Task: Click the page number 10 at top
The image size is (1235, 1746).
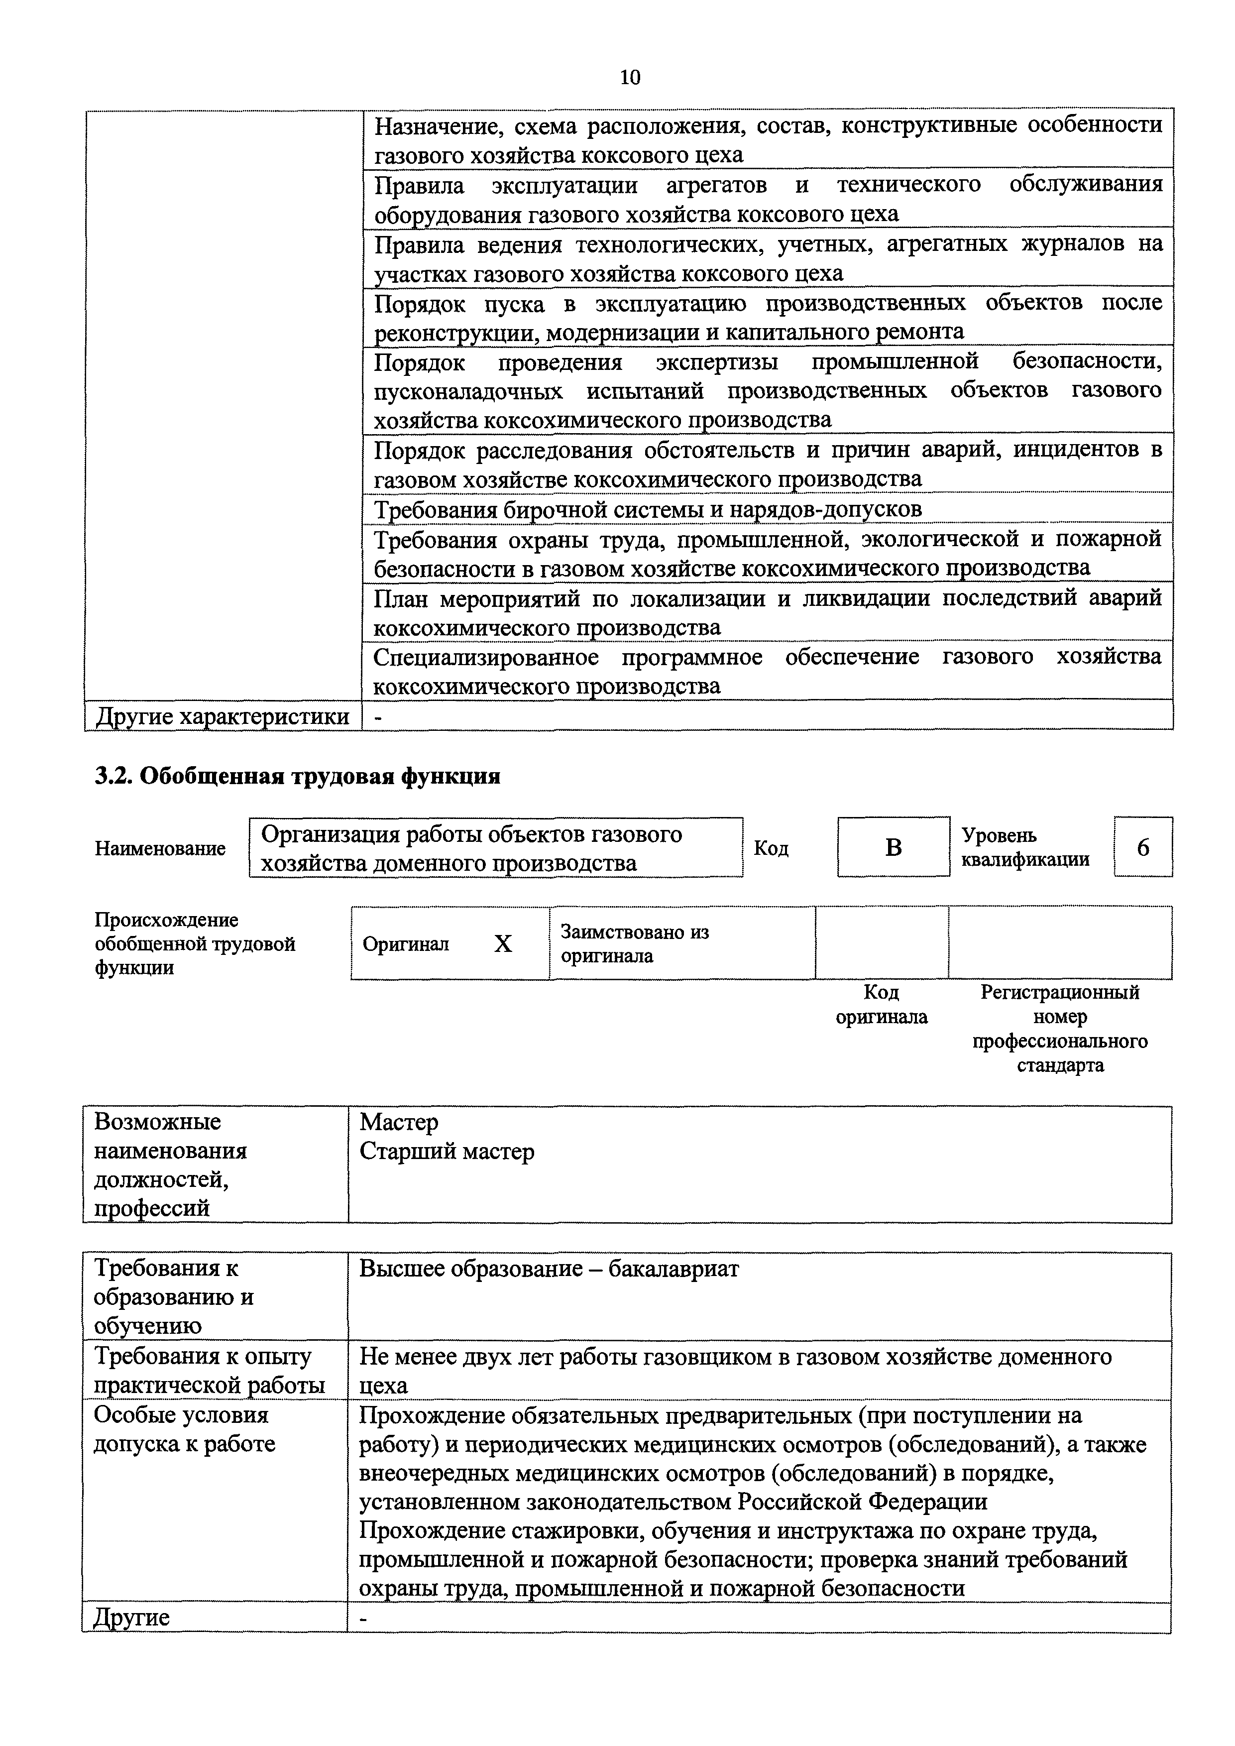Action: click(x=630, y=77)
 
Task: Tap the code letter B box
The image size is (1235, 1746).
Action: click(x=894, y=847)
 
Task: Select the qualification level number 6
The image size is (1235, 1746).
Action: click(x=1143, y=847)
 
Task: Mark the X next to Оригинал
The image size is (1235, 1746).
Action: click(x=503, y=944)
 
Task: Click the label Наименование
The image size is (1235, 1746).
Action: click(x=160, y=848)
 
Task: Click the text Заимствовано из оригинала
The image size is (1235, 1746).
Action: click(x=634, y=944)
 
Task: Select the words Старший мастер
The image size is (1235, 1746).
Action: click(x=447, y=1152)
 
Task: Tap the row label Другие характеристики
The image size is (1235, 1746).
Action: click(x=222, y=716)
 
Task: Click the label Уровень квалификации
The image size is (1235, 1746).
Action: click(x=1025, y=847)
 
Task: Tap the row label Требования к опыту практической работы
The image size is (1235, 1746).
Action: click(x=209, y=1370)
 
